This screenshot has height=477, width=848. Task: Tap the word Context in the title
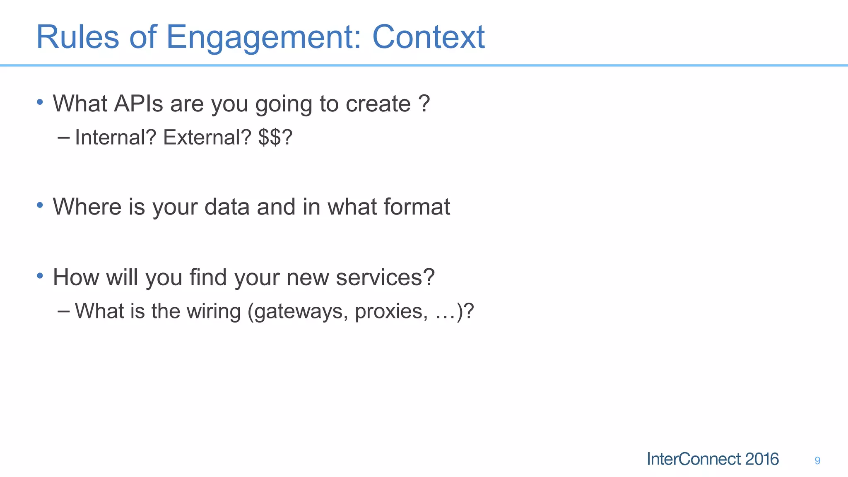(x=428, y=37)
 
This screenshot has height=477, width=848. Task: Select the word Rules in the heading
(x=77, y=37)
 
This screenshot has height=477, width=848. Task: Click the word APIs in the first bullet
(x=139, y=104)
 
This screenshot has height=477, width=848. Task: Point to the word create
(x=378, y=104)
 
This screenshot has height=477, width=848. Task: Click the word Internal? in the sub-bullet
(x=116, y=137)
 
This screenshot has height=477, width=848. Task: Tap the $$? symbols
(x=275, y=137)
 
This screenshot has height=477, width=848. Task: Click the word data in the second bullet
(x=227, y=207)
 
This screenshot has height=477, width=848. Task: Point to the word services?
(x=385, y=277)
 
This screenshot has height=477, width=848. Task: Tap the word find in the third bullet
(x=208, y=277)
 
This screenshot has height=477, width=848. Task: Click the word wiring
(x=213, y=311)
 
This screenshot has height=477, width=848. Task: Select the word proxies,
(x=391, y=312)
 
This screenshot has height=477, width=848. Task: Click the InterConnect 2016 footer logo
(x=713, y=459)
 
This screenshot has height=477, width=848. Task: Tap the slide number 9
(x=817, y=460)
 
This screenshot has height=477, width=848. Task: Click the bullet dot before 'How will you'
(x=40, y=275)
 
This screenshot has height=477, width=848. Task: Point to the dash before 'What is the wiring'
(x=64, y=311)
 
